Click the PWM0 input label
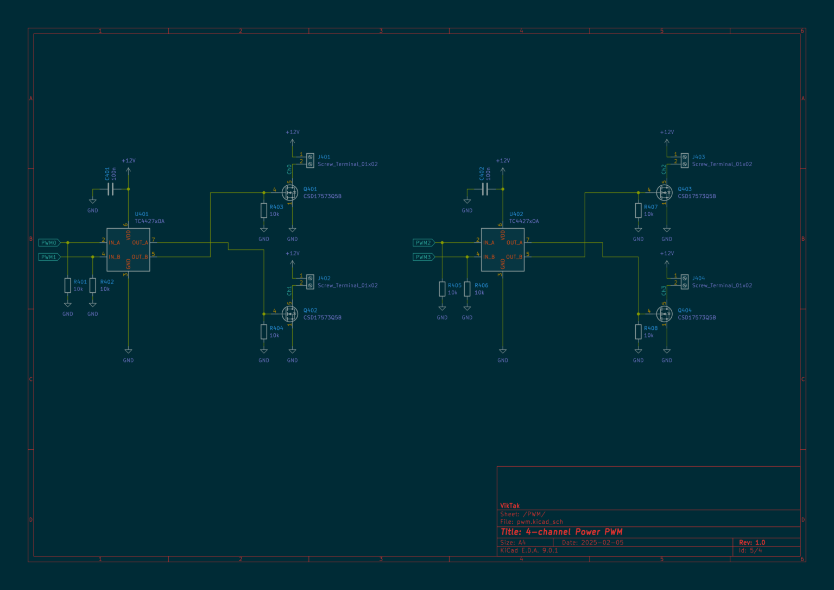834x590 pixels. pos(49,243)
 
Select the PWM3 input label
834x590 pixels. pos(424,257)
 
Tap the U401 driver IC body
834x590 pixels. pos(128,250)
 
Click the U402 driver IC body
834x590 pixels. pos(502,250)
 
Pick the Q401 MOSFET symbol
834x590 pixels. pos(290,192)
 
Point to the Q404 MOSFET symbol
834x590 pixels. pos(665,313)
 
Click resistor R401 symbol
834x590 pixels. pos(68,285)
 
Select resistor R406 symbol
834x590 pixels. pos(467,288)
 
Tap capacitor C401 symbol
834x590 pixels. pos(111,189)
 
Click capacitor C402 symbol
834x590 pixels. pos(485,189)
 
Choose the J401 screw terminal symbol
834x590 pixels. pos(310,160)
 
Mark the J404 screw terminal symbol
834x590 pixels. pos(685,281)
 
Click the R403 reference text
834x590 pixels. pos(276,207)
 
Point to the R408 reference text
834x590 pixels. pos(650,328)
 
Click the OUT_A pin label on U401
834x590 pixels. pos(140,243)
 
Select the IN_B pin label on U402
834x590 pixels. pos(489,257)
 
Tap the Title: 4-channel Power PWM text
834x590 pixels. pos(561,532)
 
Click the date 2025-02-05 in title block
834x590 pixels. pos(602,542)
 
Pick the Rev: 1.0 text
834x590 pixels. pos(752,542)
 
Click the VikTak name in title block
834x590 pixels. pos(510,506)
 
